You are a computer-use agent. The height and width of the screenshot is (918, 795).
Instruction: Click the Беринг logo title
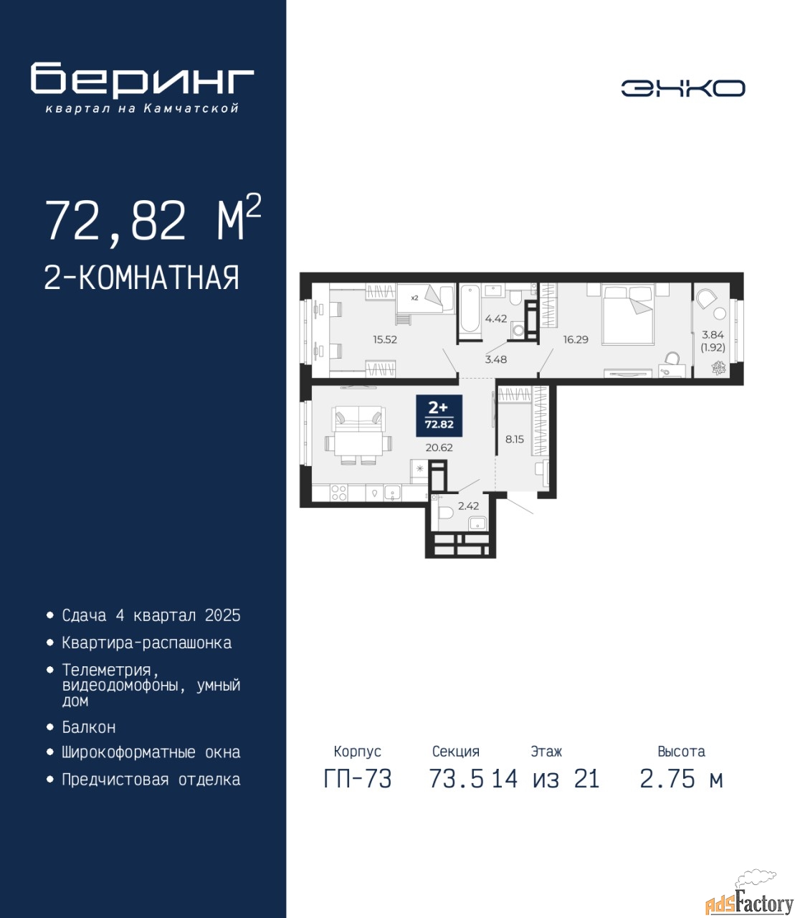tap(142, 80)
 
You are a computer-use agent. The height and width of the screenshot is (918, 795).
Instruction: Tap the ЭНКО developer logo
tap(682, 88)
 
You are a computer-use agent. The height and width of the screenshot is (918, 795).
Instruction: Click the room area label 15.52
tap(385, 340)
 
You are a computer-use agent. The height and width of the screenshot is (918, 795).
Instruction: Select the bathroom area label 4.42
tap(496, 318)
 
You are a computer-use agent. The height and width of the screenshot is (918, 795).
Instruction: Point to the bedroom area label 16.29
tap(576, 340)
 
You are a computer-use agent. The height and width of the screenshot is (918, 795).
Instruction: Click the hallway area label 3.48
tap(496, 359)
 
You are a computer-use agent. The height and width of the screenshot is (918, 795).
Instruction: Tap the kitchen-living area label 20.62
tap(439, 448)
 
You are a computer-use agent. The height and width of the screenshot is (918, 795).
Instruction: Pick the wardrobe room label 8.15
tap(515, 439)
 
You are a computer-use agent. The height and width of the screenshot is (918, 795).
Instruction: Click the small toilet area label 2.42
tap(468, 506)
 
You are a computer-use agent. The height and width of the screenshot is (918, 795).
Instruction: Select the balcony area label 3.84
tap(713, 334)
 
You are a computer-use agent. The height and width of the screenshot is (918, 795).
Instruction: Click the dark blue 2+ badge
tap(439, 416)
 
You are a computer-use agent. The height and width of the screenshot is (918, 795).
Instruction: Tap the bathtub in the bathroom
tap(470, 309)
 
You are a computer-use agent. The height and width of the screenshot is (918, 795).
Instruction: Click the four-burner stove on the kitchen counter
tap(338, 493)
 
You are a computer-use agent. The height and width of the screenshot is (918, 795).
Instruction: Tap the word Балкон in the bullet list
tap(89, 728)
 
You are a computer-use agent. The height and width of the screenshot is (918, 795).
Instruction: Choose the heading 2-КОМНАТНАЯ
tap(142, 278)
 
